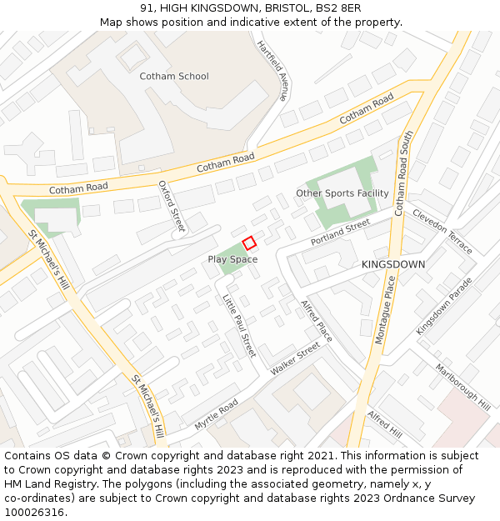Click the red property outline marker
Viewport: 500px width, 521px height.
248,243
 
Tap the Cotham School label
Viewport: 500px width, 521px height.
174,77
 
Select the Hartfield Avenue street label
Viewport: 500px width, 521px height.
272,70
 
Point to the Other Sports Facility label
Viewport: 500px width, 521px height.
342,193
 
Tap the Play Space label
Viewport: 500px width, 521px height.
232,259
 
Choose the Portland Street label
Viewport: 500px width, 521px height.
340,232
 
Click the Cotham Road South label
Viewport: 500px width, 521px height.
402,173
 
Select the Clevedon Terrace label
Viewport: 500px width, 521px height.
442,232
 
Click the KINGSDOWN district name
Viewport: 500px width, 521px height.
393,264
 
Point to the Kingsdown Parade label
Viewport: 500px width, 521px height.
444,306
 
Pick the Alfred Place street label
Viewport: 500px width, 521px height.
317,320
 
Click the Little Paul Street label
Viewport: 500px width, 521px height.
238,326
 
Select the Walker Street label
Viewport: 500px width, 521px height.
295,358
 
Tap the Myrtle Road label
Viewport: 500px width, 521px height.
216,414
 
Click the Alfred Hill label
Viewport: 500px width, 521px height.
385,425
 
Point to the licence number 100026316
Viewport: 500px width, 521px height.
34,513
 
